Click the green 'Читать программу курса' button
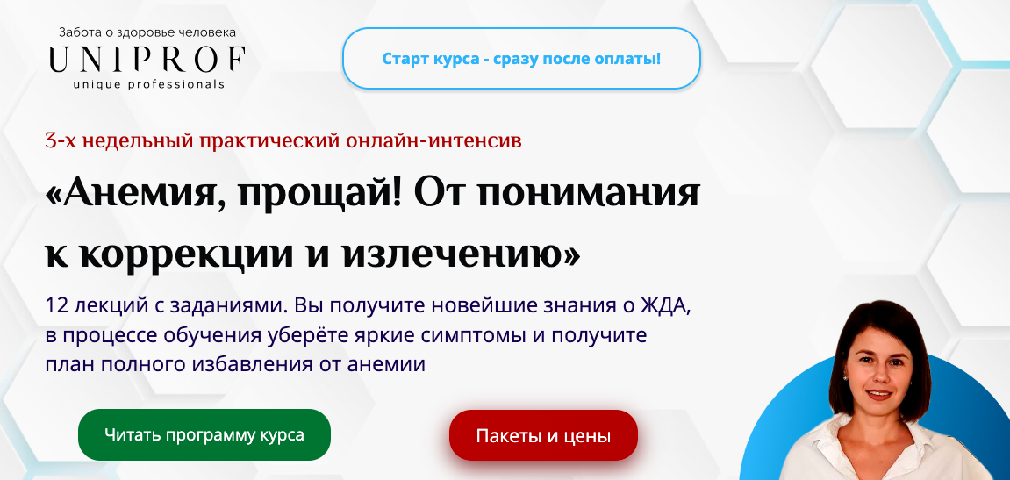tap(204, 434)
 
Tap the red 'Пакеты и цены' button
tap(543, 436)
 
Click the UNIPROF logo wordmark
tap(147, 60)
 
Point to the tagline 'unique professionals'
tap(148, 85)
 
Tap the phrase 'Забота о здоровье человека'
tap(147, 32)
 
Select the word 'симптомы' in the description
tap(471, 335)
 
